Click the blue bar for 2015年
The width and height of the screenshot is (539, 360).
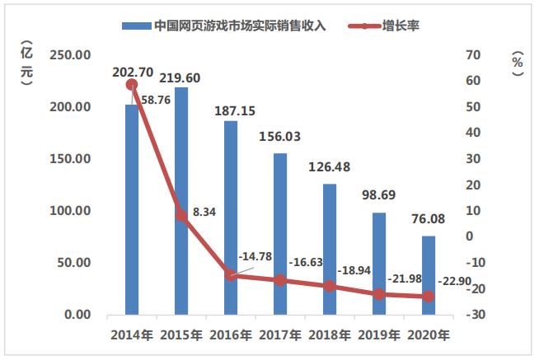pos(181,201)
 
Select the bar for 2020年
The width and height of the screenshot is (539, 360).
pos(429,275)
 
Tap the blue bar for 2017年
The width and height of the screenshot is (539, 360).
pos(280,234)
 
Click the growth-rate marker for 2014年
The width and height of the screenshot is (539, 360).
pos(132,84)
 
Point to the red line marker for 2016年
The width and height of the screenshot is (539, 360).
pos(231,275)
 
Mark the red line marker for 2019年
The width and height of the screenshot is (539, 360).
pos(379,294)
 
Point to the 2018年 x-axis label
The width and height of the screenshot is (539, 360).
pos(330,335)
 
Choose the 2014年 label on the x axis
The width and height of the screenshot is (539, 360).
pos(132,335)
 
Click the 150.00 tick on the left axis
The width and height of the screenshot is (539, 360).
pos(71,159)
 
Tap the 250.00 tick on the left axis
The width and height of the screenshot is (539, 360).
pos(71,55)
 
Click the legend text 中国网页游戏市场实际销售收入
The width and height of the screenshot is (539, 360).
pos(240,25)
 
